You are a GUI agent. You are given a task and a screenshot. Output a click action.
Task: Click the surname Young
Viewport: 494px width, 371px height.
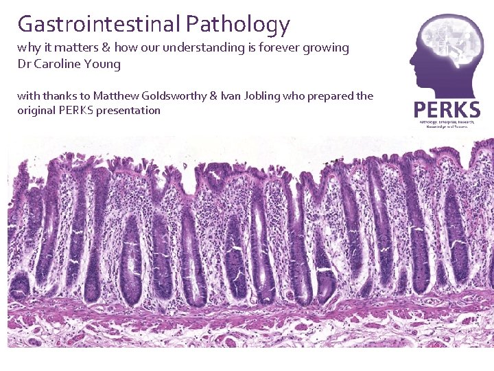103,65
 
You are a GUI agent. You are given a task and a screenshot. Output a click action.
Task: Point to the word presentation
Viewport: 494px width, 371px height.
129,110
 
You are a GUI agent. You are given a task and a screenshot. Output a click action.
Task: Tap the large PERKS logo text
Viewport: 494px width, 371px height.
447,109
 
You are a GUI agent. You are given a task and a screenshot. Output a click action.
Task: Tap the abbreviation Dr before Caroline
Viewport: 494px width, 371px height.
25,64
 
